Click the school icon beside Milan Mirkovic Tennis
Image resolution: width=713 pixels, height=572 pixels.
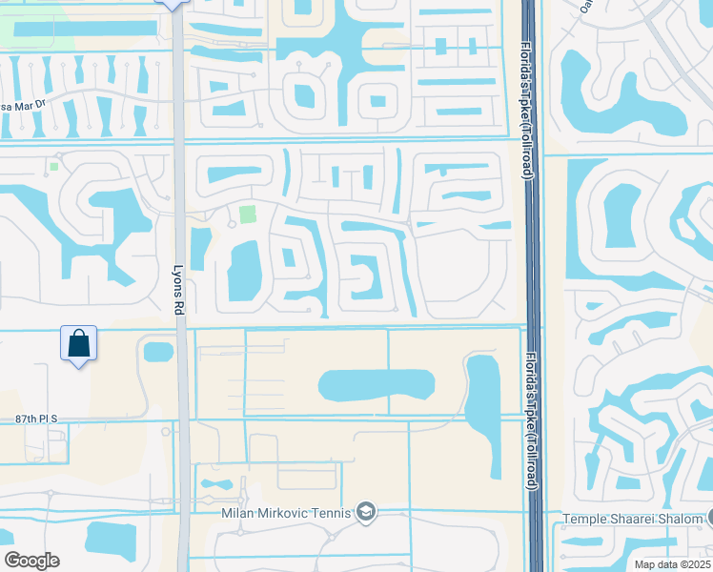point(365,514)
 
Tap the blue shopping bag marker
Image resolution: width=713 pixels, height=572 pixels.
point(78,343)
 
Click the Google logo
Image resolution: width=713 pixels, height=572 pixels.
point(31,561)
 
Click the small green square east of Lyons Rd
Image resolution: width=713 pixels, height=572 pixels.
point(248,214)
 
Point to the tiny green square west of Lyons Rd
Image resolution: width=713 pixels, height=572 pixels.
point(54,167)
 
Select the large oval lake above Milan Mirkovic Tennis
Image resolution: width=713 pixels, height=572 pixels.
point(376,385)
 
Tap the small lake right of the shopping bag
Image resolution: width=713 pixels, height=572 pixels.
point(157,352)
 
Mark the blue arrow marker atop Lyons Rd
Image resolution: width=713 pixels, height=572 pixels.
point(172,4)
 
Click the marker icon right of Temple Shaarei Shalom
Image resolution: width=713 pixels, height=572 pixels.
point(709,520)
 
